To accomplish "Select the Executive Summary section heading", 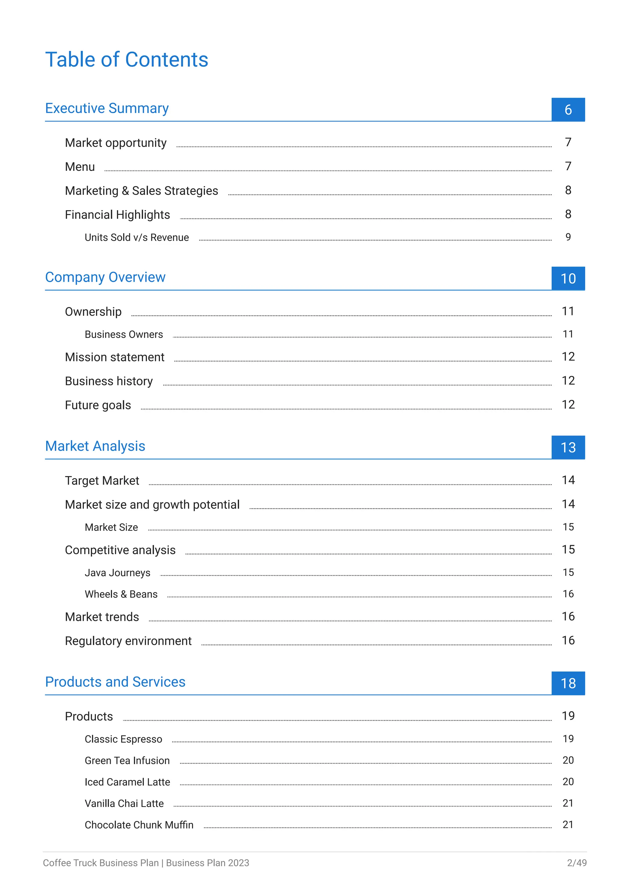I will tap(107, 108).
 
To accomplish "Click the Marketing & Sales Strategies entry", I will tap(141, 191).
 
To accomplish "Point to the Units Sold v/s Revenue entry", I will tap(137, 237).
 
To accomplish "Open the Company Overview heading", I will tap(105, 277).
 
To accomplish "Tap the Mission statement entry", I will tap(114, 357).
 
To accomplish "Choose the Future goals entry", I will tap(98, 405).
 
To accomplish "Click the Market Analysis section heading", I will tap(95, 446).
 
